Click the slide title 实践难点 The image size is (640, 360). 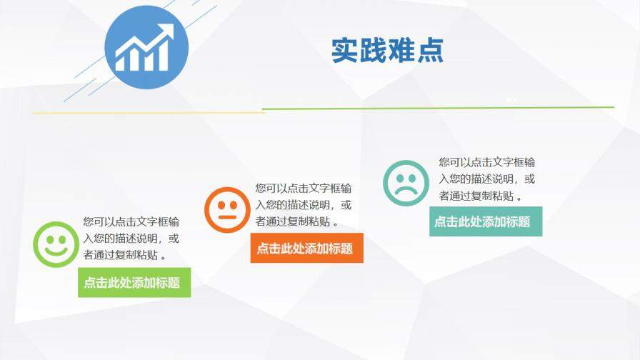pyautogui.click(x=387, y=50)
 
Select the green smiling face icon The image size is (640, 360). pyautogui.click(x=55, y=244)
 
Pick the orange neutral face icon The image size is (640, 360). pyautogui.click(x=226, y=209)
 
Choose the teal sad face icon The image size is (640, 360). pyautogui.click(x=406, y=181)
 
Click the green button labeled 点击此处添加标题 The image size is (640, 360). pyautogui.click(x=134, y=282)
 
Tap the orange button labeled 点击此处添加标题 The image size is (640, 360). pyautogui.click(x=306, y=248)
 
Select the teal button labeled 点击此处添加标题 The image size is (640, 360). pyautogui.click(x=485, y=221)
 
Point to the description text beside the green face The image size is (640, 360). pyautogui.click(x=131, y=238)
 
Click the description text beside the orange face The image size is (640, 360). pyautogui.click(x=304, y=204)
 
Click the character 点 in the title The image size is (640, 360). pyautogui.click(x=429, y=50)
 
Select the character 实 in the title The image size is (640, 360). pyautogui.click(x=345, y=50)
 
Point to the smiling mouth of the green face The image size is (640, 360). pyautogui.click(x=55, y=252)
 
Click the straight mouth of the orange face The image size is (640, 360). pyautogui.click(x=226, y=217)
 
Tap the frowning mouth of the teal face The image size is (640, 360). pyautogui.click(x=406, y=191)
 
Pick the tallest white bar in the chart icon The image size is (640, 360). pyautogui.click(x=164, y=57)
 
